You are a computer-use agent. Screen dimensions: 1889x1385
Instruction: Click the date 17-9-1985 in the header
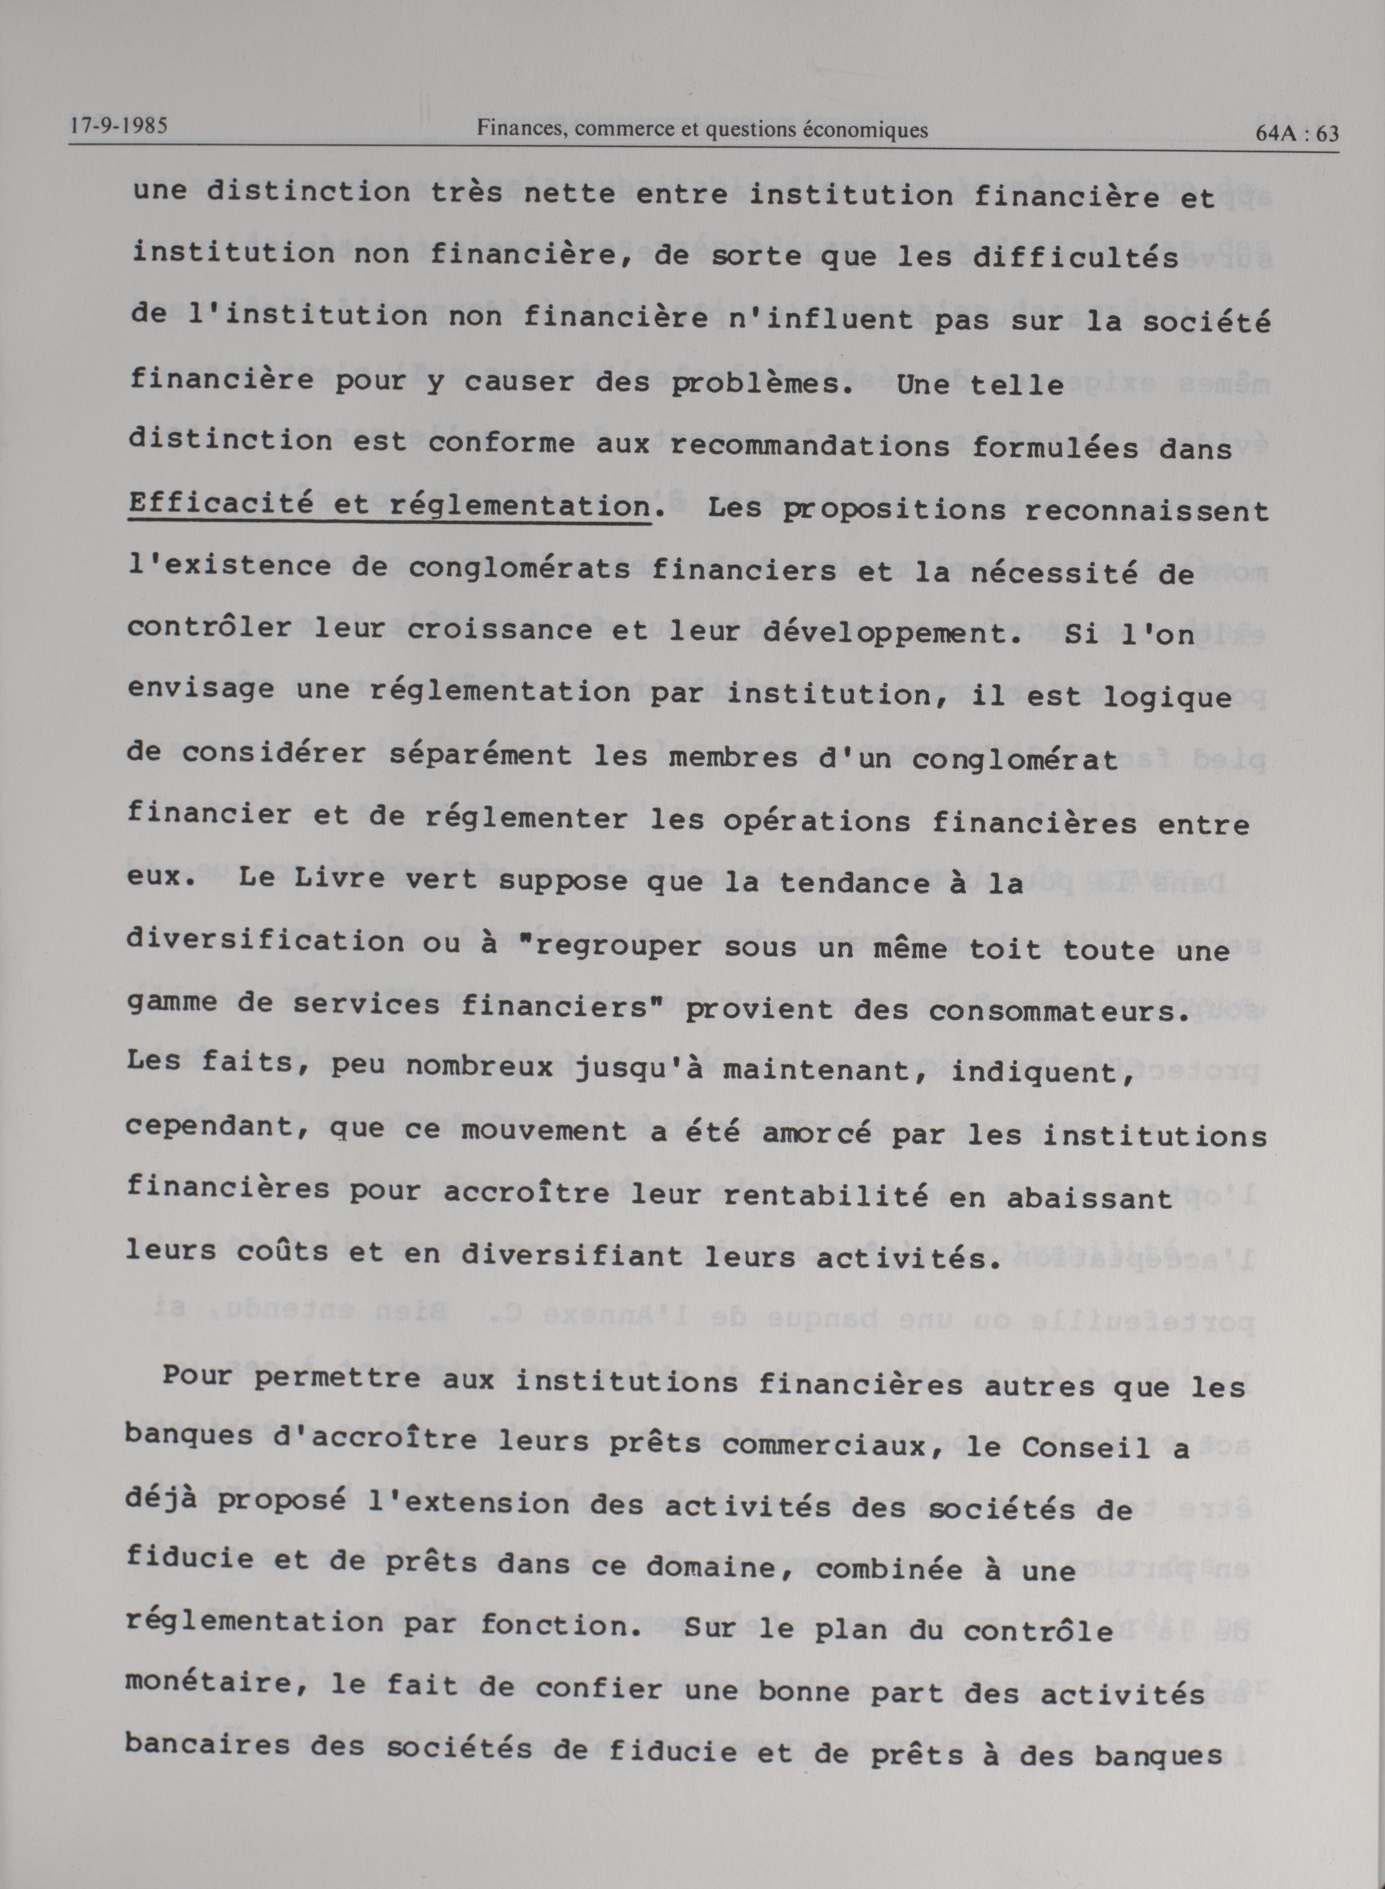coord(118,126)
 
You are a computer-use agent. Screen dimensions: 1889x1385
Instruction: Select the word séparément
coord(481,755)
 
